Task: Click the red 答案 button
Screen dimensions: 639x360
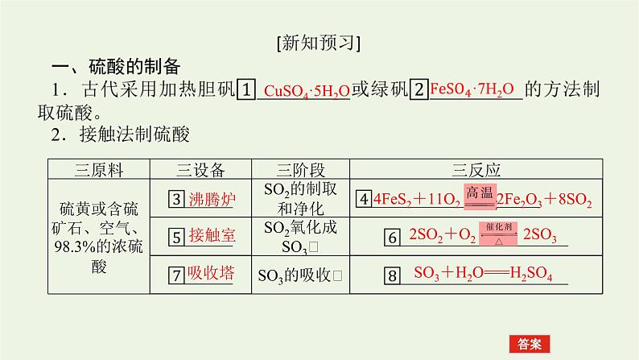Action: click(529, 341)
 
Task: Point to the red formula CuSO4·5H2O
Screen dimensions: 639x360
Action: click(307, 91)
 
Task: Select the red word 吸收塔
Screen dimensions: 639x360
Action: click(211, 274)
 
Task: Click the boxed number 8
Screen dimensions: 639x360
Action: click(393, 276)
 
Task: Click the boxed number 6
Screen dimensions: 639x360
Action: click(393, 238)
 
